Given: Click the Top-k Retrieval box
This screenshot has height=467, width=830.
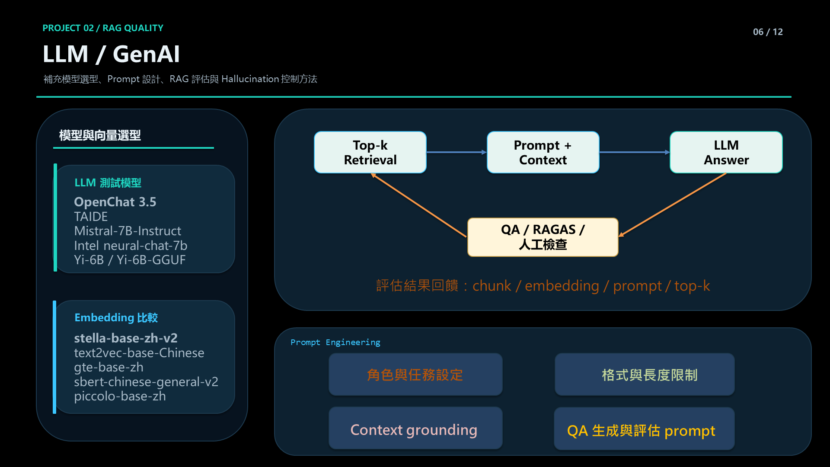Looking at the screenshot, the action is click(x=370, y=152).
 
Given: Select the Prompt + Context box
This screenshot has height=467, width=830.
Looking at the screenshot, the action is click(x=543, y=152).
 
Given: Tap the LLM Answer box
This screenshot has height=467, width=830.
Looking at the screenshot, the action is click(x=726, y=152).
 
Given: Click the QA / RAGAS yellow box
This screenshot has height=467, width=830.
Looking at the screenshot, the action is click(x=543, y=237).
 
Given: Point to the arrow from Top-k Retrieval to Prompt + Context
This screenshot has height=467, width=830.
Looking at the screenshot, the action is click(x=456, y=152).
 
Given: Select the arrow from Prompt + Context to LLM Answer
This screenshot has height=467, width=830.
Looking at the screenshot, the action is click(x=635, y=152).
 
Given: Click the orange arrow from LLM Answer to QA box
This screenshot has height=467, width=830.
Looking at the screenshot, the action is click(x=672, y=205).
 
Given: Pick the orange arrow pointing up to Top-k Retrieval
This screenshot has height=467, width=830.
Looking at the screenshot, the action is click(x=418, y=205).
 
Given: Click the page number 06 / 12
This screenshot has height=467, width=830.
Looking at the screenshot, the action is click(x=768, y=32).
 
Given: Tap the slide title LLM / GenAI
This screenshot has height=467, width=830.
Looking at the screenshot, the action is click(x=111, y=54).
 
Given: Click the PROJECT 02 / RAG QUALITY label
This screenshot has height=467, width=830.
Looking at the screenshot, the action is click(x=103, y=28).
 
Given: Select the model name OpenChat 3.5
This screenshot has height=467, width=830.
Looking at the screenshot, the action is click(x=115, y=202).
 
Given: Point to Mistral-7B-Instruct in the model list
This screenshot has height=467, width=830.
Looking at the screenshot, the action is click(x=128, y=231).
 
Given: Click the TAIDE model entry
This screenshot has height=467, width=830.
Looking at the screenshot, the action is click(x=91, y=217).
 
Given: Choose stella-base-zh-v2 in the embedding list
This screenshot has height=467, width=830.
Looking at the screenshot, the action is click(x=126, y=338).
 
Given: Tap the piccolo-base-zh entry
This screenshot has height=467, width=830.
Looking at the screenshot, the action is click(x=120, y=396).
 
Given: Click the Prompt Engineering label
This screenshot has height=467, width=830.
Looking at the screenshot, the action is click(x=335, y=342).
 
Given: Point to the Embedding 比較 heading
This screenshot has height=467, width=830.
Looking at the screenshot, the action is click(x=116, y=318).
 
